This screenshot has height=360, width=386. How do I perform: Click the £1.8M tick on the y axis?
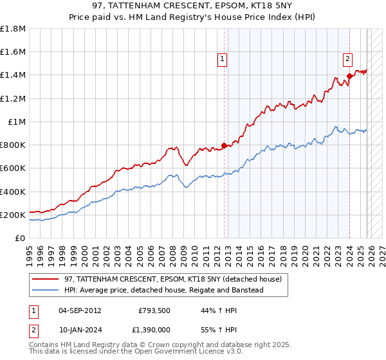tap(13, 29)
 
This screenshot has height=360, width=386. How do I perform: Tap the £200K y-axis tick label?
tap(13, 215)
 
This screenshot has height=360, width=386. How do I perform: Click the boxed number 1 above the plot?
tap(222, 59)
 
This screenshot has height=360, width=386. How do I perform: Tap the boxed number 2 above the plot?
tap(347, 59)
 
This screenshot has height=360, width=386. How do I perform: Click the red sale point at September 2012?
tap(224, 145)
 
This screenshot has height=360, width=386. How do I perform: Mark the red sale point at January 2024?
tap(349, 76)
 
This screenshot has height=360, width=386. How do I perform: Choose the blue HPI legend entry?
tap(163, 290)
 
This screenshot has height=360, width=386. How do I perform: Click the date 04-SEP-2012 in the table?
tap(80, 310)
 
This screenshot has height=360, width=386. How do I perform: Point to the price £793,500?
tap(154, 310)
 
